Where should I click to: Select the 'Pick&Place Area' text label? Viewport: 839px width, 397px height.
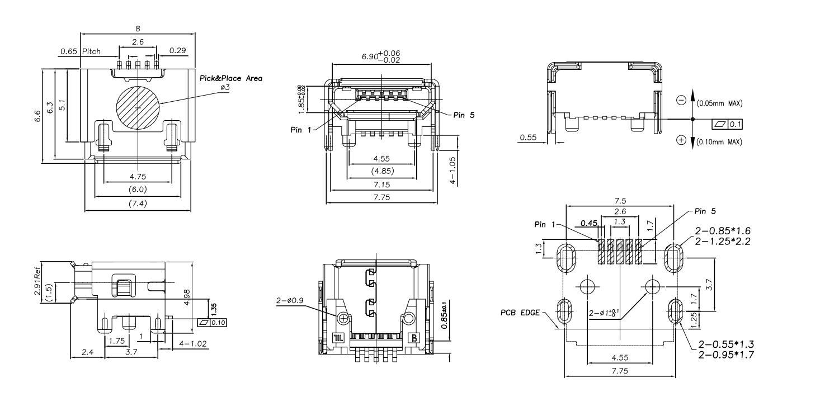click(231, 78)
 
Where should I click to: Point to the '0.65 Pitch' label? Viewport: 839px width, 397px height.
click(80, 51)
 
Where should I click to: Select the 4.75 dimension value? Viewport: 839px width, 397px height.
click(138, 177)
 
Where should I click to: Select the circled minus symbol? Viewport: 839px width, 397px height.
click(681, 100)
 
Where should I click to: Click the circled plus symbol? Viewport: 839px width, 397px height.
click(681, 140)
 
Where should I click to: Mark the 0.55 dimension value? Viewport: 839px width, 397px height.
click(529, 136)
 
